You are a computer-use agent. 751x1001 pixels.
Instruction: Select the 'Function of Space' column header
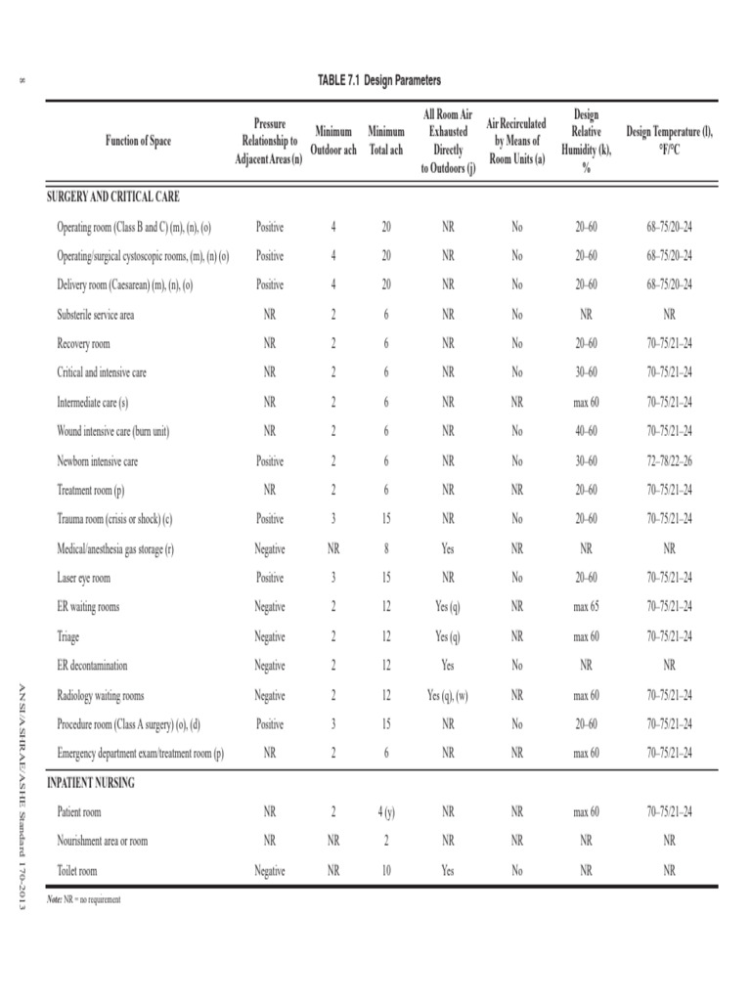coord(138,142)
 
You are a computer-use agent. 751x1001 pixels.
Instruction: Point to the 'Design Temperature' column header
coord(669,142)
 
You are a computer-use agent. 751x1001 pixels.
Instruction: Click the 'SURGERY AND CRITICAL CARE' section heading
coord(113,196)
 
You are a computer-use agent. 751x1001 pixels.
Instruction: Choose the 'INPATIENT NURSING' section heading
coord(91,783)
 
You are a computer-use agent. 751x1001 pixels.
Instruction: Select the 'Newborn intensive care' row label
coord(97,460)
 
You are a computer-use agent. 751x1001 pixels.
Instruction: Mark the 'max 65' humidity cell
coord(586,607)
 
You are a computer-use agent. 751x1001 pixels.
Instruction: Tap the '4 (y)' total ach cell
coord(386,812)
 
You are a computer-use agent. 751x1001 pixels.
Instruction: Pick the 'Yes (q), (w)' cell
coord(448,695)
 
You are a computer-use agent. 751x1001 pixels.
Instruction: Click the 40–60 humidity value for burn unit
coord(586,431)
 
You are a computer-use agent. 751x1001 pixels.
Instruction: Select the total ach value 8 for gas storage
coord(386,548)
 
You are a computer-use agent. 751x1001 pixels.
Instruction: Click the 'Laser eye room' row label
coord(83,578)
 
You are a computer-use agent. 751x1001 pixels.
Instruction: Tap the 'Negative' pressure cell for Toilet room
coord(270,871)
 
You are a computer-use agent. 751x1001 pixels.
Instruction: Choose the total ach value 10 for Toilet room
coord(386,871)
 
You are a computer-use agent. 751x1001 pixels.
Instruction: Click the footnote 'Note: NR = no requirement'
coord(84,899)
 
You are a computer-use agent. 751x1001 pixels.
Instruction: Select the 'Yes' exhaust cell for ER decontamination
coord(448,666)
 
